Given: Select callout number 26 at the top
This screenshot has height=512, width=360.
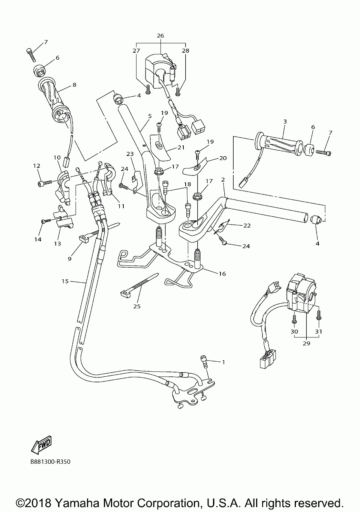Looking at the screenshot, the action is click(x=160, y=36).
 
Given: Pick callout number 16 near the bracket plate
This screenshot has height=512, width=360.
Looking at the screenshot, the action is click(x=222, y=274).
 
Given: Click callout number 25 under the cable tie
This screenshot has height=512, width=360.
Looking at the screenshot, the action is click(x=137, y=306).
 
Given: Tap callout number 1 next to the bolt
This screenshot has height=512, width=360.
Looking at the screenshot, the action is click(x=223, y=362).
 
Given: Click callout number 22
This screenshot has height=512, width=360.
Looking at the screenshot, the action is click(x=247, y=225).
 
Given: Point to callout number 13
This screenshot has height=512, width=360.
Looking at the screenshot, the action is click(x=58, y=244).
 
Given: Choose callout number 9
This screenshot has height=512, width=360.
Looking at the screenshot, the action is click(x=69, y=259).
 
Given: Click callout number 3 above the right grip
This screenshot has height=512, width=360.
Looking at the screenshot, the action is click(x=285, y=121).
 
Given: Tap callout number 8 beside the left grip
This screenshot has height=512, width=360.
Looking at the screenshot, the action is click(x=74, y=85).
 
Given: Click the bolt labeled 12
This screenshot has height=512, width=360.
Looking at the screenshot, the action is click(x=45, y=183).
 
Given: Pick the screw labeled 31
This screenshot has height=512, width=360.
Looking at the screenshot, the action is click(x=318, y=317).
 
